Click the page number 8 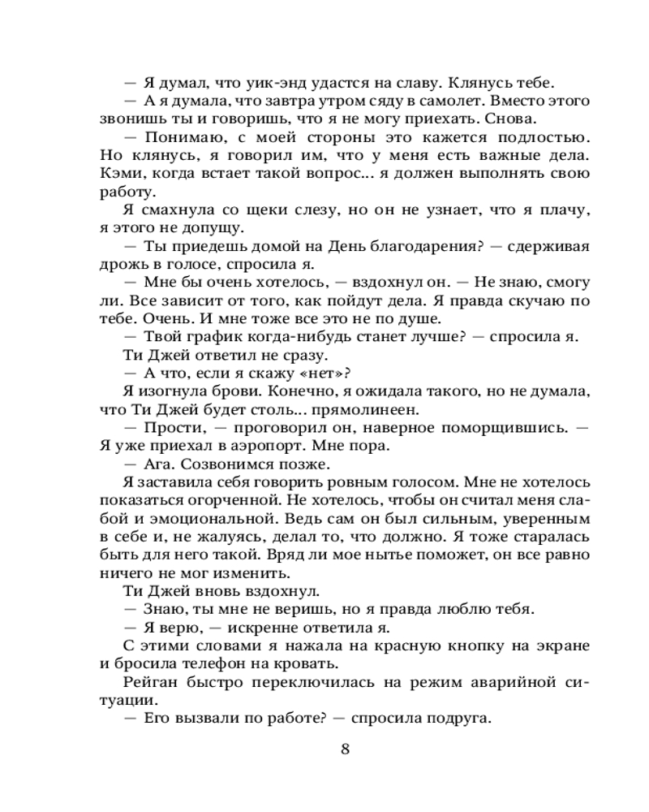coord(346,749)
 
